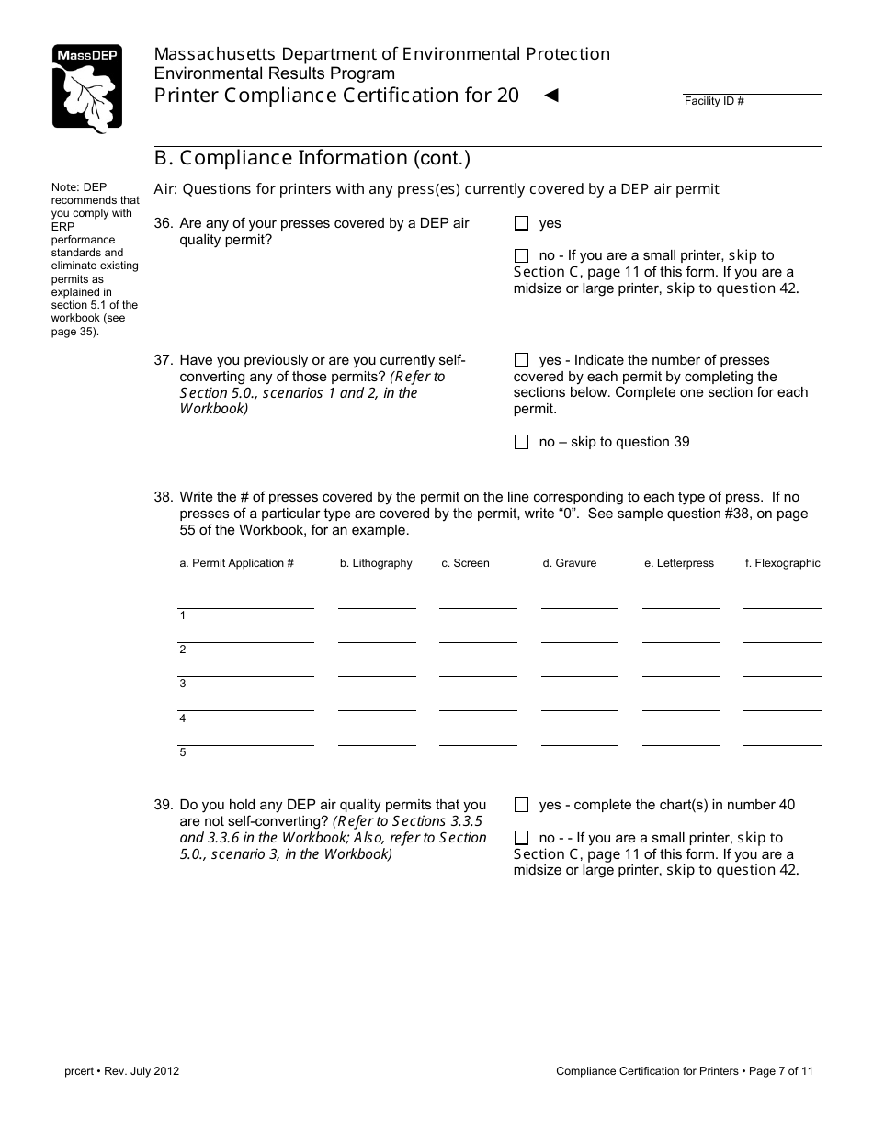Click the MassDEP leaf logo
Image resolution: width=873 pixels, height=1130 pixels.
(x=86, y=88)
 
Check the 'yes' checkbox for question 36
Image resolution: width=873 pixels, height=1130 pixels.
(x=522, y=223)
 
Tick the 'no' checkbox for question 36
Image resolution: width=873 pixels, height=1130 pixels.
(x=522, y=255)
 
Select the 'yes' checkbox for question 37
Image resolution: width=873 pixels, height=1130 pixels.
(x=522, y=360)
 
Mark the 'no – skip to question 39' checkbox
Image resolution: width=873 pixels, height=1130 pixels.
(x=522, y=442)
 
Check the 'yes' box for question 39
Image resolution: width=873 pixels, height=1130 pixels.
(x=522, y=805)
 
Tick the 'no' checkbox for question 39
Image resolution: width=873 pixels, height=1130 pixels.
(x=522, y=838)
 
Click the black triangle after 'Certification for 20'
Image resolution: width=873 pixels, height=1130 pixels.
(x=551, y=95)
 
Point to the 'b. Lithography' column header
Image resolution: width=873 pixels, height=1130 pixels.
(x=376, y=563)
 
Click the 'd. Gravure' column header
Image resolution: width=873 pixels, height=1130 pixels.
(x=569, y=563)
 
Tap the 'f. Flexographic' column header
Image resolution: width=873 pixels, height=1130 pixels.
(x=782, y=563)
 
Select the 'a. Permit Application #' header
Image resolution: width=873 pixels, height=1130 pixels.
(x=236, y=563)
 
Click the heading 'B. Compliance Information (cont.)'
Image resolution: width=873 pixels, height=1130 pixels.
(x=312, y=158)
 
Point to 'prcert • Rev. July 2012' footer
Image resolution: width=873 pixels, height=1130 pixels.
(x=115, y=1071)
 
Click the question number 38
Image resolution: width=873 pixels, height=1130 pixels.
(x=163, y=497)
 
